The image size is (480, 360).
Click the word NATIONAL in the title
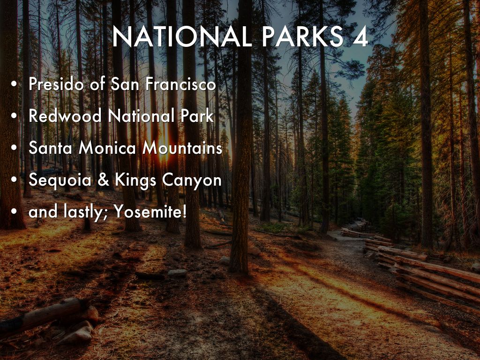coord(182,37)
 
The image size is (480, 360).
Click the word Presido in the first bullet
coord(56,83)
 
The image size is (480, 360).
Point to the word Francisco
coord(180,83)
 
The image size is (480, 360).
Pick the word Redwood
coord(65,116)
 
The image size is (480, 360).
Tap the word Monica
coord(107,148)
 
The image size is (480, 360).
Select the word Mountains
coord(182,148)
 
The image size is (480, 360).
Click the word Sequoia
coord(60,180)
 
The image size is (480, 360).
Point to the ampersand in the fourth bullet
coord(104,180)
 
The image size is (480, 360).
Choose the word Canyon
coord(192,180)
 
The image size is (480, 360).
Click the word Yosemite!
coord(150,211)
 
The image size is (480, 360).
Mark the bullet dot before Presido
coord(14,84)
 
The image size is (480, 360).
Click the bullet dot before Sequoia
coord(14,180)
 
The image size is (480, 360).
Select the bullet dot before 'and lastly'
coord(14,212)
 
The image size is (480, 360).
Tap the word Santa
coord(51,148)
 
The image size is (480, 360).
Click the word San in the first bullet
coord(124,83)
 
